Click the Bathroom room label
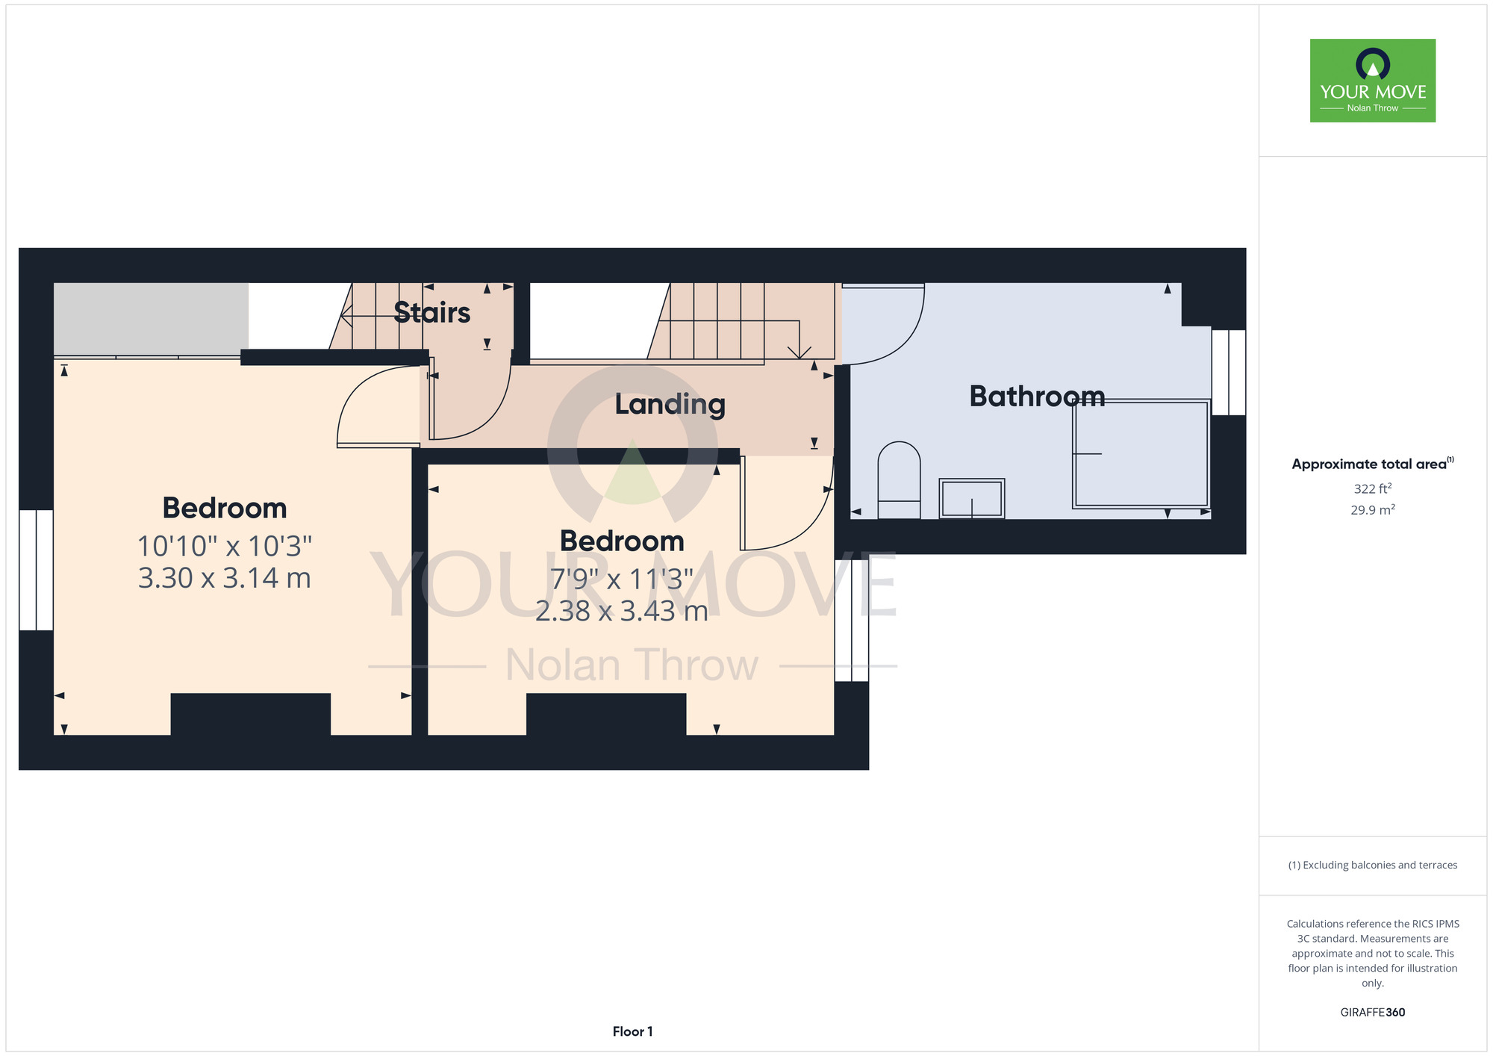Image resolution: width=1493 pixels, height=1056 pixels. click(x=1037, y=396)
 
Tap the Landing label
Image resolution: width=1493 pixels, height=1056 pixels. click(x=670, y=404)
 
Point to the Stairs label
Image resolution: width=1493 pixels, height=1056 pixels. click(x=431, y=312)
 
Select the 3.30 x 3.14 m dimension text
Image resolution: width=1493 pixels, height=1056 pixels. click(x=225, y=578)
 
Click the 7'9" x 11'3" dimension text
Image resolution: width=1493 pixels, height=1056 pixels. click(x=622, y=579)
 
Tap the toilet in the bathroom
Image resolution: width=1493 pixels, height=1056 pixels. click(x=900, y=480)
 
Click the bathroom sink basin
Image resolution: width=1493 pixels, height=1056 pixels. click(x=972, y=498)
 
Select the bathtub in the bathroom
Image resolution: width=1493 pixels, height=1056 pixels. click(x=1141, y=454)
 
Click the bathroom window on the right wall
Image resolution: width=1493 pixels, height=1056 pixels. click(x=1228, y=372)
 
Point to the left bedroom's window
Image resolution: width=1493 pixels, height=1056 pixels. click(x=36, y=570)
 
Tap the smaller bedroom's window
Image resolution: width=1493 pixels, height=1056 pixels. click(x=852, y=621)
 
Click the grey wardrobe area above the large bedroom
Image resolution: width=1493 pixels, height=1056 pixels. click(x=151, y=320)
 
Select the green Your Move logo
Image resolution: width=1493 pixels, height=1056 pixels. click(x=1373, y=81)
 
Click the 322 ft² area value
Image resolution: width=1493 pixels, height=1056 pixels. click(x=1373, y=488)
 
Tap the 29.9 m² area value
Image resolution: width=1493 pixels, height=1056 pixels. click(x=1373, y=510)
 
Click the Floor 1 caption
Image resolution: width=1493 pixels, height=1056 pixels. click(x=632, y=1031)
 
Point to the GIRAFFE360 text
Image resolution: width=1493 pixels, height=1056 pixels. click(x=1373, y=1013)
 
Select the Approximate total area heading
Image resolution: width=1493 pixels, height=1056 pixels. click(x=1373, y=464)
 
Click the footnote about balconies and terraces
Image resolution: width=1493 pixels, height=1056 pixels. click(x=1373, y=865)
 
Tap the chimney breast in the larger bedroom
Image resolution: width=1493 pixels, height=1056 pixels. click(x=251, y=715)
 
